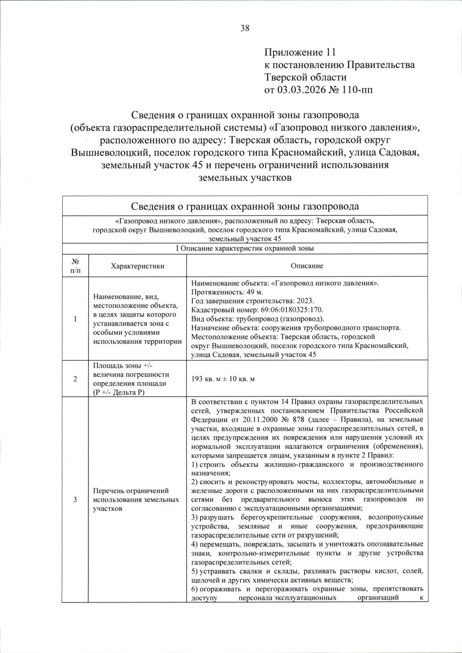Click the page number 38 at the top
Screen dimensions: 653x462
coord(245,28)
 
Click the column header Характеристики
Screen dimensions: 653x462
coord(137,266)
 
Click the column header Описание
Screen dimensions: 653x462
coord(307,266)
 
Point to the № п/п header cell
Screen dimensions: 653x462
coord(75,266)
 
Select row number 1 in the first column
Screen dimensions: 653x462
coord(75,319)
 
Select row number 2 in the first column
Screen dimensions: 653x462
coord(75,379)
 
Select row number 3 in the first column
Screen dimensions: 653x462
coord(75,500)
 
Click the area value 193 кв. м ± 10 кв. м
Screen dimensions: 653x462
coord(223,379)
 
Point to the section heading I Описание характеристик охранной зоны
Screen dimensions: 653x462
coord(245,248)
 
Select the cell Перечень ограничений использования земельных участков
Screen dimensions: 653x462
coord(136,500)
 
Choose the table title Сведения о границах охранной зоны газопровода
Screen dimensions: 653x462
coord(245,206)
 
